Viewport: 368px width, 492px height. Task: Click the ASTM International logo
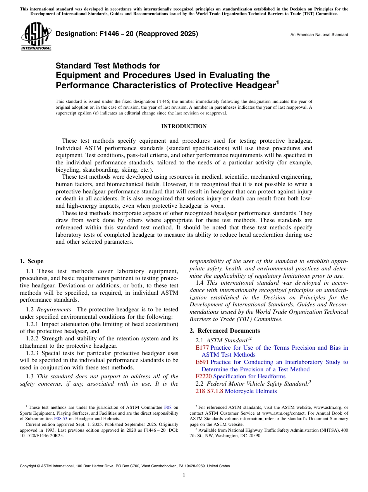pos(36,36)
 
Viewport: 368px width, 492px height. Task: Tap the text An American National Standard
pos(319,35)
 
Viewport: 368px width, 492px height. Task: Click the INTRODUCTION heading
pos(184,126)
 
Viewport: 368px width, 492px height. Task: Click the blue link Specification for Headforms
pos(249,376)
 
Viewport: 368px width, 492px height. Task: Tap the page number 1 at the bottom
pos(184,475)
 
